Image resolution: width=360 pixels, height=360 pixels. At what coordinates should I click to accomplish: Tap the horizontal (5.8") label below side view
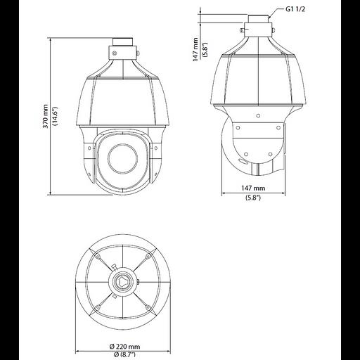(254, 198)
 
